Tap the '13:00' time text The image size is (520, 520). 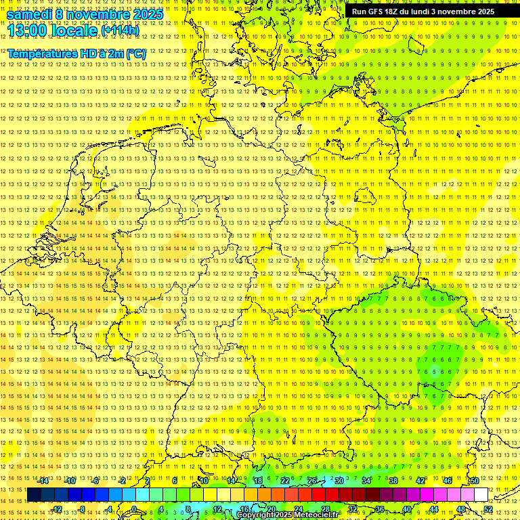tap(26, 30)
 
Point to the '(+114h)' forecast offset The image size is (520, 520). tap(120, 30)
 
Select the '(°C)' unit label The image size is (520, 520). tap(135, 53)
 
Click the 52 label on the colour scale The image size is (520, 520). tap(487, 509)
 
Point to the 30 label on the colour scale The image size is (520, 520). tap(339, 481)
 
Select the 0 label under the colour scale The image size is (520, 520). tap(134, 509)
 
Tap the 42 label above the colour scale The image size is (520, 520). tap(420, 481)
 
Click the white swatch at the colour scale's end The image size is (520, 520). tap(481, 495)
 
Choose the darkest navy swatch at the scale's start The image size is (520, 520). tap(34, 495)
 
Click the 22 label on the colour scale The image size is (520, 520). tap(284, 481)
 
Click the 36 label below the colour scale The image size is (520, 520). tap(379, 509)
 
